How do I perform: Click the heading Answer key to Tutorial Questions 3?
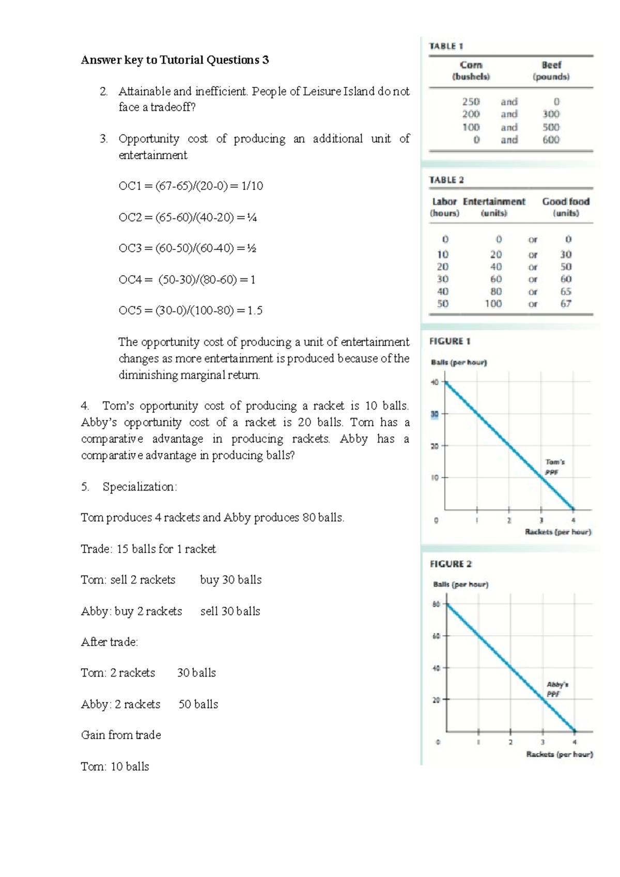point(175,60)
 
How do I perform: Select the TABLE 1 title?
point(446,46)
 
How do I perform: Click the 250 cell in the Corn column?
point(471,102)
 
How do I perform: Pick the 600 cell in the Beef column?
point(551,139)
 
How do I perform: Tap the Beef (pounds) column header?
point(551,71)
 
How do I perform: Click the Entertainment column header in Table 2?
point(494,202)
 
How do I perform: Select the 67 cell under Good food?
point(566,304)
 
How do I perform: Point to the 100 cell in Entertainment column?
point(493,304)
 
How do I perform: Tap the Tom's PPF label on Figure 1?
point(554,467)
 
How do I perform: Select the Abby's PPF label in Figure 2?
point(556,689)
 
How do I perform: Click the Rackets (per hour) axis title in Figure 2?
point(559,754)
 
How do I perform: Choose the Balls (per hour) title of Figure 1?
point(459,363)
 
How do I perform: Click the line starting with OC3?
point(187,248)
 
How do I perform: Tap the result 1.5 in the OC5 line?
point(255,310)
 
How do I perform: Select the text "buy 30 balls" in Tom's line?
point(230,580)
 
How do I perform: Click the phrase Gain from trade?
point(121,735)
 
